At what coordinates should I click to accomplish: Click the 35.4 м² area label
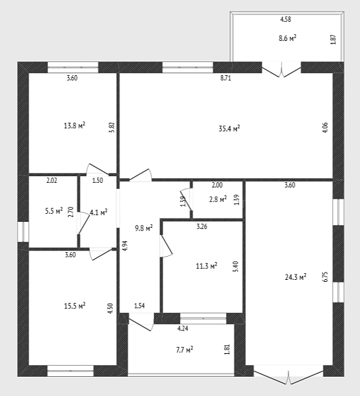[229, 129]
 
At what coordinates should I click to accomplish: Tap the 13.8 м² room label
[75, 125]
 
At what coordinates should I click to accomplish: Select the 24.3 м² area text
[296, 277]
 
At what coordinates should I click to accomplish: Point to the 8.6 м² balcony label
[287, 38]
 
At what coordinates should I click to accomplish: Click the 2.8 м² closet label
[218, 199]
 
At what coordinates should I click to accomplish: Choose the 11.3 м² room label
[207, 266]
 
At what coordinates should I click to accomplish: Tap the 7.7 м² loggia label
[184, 350]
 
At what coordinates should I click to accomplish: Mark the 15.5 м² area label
[75, 306]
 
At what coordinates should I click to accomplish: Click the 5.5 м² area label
[54, 211]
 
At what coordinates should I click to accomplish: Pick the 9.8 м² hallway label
[143, 228]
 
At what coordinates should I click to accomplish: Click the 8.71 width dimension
[225, 78]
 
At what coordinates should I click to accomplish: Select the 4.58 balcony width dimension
[285, 19]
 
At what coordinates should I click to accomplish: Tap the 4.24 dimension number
[183, 329]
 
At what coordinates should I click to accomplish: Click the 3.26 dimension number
[201, 226]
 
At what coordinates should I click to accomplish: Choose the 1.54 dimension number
[139, 306]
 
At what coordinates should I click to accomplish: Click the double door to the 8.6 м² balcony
[281, 69]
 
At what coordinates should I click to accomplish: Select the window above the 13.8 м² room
[73, 67]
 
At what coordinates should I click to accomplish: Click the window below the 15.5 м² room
[71, 371]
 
